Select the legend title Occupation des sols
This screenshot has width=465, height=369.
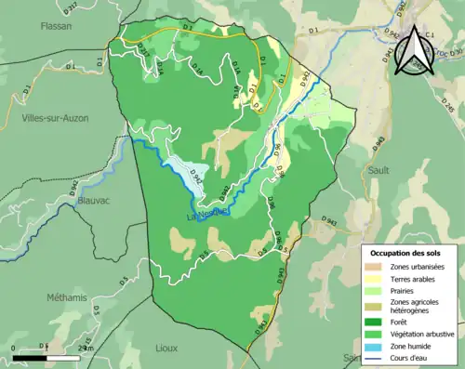[407, 253]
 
